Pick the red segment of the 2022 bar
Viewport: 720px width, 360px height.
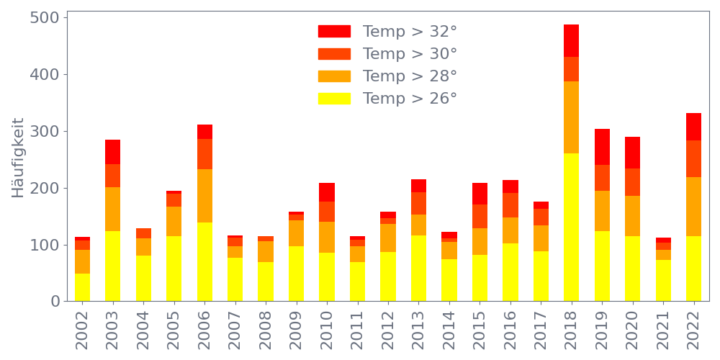pos(693,127)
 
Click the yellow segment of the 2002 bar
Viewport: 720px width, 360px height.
pos(82,287)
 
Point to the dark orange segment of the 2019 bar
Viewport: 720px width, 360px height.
pos(602,178)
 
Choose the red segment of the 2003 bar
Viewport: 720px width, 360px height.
pos(112,152)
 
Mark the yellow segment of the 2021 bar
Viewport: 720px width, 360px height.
pos(663,280)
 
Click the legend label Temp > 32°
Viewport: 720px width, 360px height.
pos(410,32)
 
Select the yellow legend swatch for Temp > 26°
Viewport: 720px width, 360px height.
pos(334,99)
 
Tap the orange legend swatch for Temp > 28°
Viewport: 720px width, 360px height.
pos(334,76)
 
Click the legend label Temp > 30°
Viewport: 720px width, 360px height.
pos(410,54)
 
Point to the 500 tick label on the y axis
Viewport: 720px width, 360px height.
pos(45,17)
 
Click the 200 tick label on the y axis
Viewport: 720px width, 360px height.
pos(45,188)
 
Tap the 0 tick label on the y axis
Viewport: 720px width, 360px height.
pos(55,302)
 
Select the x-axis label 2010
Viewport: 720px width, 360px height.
pos(327,328)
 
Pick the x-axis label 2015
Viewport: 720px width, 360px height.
pos(480,328)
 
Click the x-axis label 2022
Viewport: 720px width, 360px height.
pos(693,328)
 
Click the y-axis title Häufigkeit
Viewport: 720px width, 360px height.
pos(18,158)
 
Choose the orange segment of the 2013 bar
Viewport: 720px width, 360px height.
pos(418,225)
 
